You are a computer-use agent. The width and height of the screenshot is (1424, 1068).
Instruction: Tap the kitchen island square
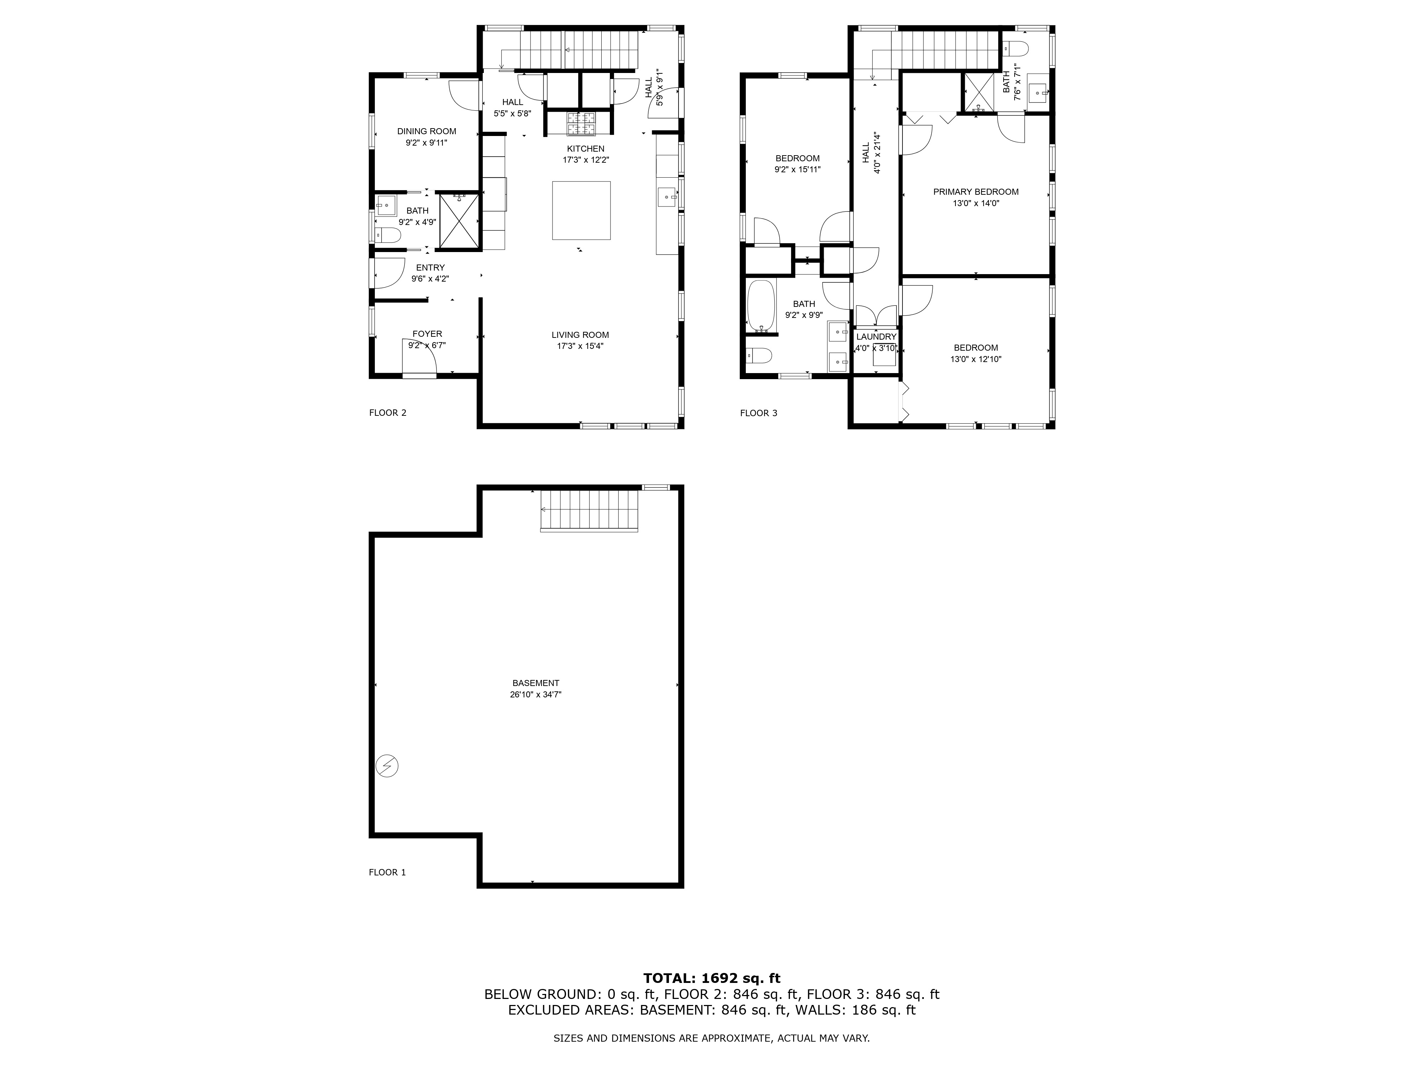coord(581,210)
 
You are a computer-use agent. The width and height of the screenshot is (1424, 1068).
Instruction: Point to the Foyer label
coord(428,334)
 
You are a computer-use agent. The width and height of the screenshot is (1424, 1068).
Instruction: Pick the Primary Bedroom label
coord(976,192)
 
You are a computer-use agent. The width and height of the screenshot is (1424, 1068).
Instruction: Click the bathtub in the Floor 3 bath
coord(761,306)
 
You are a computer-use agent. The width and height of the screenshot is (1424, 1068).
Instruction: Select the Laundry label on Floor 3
coord(876,337)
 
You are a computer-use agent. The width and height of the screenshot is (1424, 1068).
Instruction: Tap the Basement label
coord(536,683)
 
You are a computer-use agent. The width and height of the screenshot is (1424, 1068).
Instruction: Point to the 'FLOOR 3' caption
coord(758,413)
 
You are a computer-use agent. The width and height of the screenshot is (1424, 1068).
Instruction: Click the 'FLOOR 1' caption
coord(387,872)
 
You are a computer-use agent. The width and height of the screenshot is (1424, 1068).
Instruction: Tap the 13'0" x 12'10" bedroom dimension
coord(976,359)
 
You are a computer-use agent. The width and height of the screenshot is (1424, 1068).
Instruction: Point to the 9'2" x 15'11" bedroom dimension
coord(798,170)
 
